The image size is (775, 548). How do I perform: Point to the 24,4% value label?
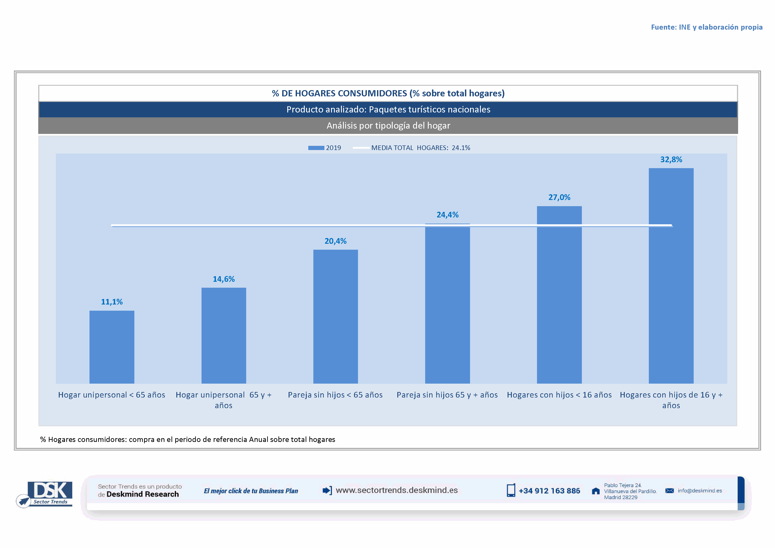pos(447,215)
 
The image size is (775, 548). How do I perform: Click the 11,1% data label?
pos(112,302)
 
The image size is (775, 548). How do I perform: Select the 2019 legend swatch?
pos(316,148)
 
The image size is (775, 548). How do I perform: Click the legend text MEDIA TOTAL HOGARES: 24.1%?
pos(420,148)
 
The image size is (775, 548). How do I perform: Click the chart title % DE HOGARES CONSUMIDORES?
pos(388,93)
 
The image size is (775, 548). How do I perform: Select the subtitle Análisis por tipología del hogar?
pos(388,126)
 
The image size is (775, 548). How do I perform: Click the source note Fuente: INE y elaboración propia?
pos(706,27)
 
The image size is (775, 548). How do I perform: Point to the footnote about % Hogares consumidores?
pos(188,439)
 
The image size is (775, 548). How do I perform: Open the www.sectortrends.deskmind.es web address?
pos(397,490)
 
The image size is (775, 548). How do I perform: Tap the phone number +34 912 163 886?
pos(549,491)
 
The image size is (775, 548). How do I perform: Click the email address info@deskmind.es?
pos(699,491)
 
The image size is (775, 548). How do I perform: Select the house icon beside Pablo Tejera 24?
pos(596,491)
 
